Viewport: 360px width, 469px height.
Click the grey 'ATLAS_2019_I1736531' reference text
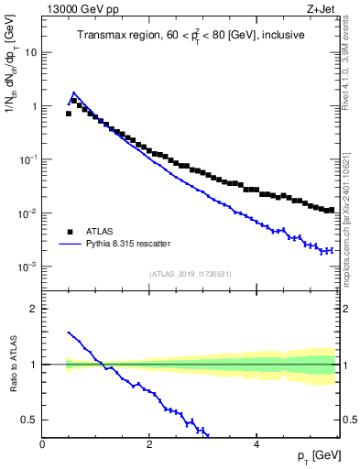191,273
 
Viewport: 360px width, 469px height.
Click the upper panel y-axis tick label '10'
32,52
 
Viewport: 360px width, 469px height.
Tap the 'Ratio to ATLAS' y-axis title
12,364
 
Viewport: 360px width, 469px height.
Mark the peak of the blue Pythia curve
73,93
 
